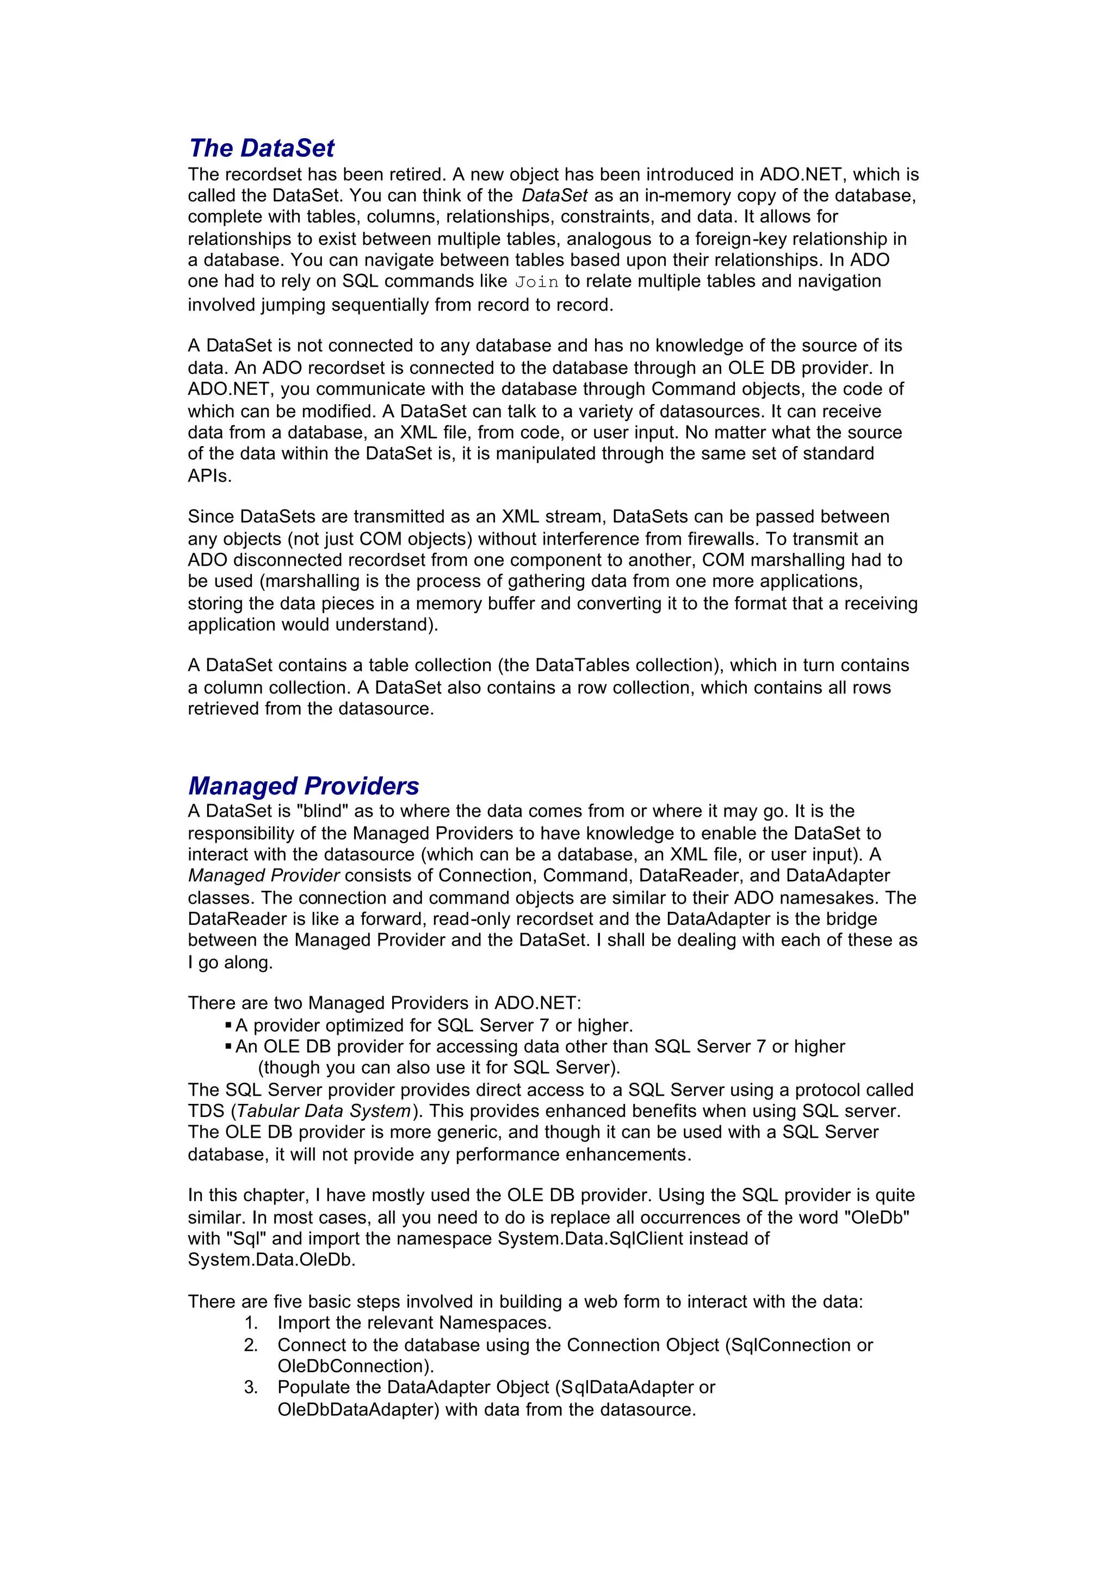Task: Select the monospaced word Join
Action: tap(536, 282)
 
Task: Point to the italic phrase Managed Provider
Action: tap(264, 875)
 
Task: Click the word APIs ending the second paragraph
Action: tap(209, 476)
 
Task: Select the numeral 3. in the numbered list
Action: tap(251, 1387)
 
